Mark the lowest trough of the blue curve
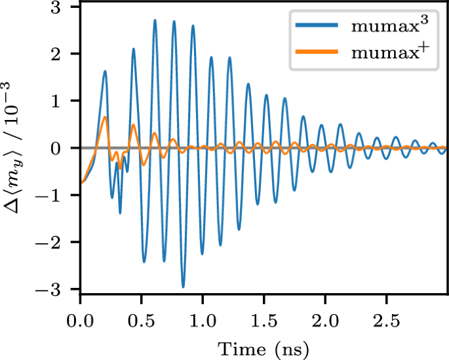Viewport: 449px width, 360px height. pos(184,287)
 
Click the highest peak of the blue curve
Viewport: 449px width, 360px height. pos(155,20)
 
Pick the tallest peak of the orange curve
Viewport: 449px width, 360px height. pos(105,117)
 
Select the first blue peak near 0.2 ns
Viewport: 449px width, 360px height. pos(105,71)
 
